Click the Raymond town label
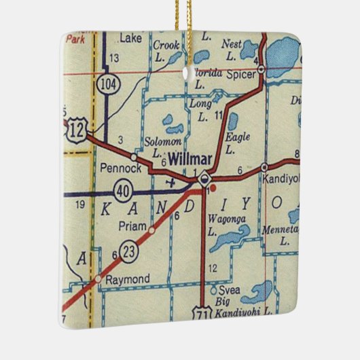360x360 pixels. (131, 279)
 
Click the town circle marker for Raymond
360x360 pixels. (98, 278)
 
